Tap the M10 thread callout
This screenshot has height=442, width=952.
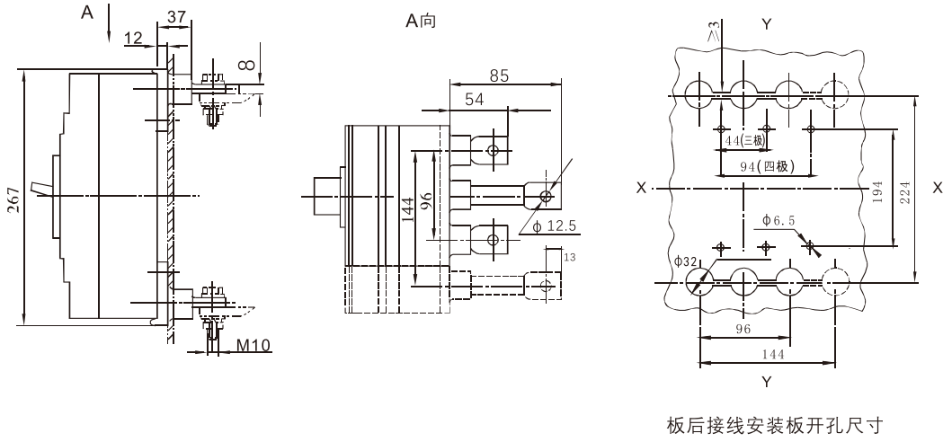254,346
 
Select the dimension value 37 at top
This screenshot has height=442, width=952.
176,16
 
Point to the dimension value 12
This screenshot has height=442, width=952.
133,39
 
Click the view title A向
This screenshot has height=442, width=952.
421,21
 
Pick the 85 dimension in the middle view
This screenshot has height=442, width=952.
497,75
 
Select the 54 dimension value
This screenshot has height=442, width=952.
475,100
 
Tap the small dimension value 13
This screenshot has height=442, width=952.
570,258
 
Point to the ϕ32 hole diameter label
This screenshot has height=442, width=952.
686,261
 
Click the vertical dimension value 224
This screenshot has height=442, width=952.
905,192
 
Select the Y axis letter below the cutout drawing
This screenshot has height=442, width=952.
767,382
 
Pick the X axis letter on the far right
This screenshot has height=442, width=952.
938,189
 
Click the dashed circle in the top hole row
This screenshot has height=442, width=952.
835,95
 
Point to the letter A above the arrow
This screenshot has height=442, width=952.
88,12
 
